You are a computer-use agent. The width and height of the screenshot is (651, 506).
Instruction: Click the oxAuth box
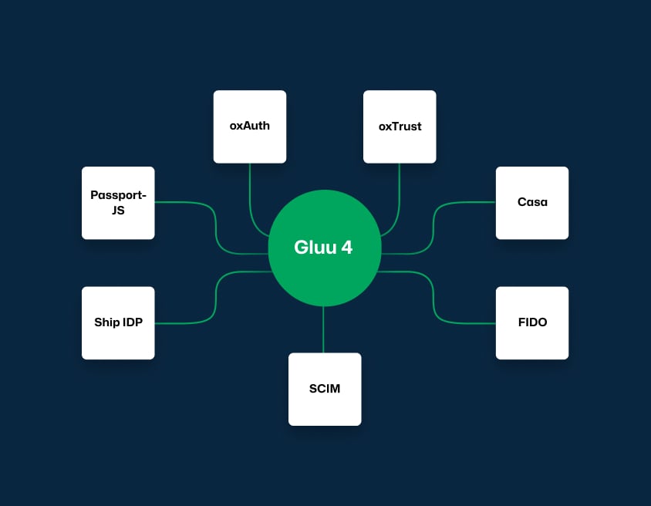tap(250, 126)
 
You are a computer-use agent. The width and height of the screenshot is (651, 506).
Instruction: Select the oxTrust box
tap(400, 126)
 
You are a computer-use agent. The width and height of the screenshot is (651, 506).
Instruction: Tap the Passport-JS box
tap(118, 203)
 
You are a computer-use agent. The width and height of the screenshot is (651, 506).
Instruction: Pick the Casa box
tap(532, 203)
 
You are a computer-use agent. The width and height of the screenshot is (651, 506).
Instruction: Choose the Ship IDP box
tap(118, 323)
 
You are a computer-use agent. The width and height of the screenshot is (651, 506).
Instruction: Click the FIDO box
tap(532, 323)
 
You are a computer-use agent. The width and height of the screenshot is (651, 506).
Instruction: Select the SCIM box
tap(325, 389)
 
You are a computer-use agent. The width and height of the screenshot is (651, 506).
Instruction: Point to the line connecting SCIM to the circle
tap(324, 329)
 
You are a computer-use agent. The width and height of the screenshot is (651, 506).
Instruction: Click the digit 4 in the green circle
tap(347, 248)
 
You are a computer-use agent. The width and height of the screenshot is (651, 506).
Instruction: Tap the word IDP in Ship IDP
tap(133, 322)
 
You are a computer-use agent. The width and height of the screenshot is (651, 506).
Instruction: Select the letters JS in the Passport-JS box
tap(118, 210)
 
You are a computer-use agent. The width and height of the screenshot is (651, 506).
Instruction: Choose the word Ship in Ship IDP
tap(106, 322)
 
